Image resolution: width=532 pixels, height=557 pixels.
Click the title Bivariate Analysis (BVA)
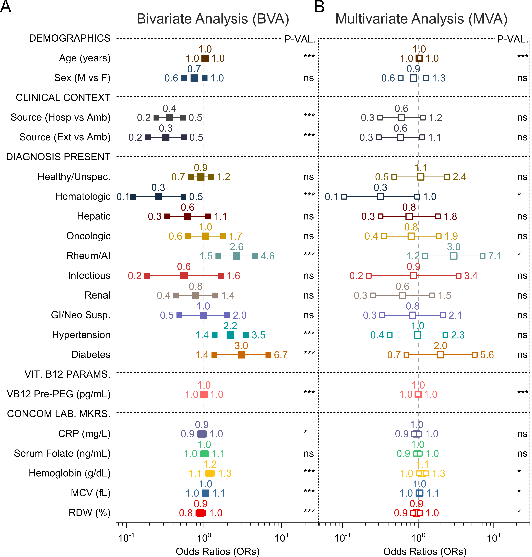[x=213, y=19]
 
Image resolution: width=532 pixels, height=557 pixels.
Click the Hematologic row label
[x=83, y=196]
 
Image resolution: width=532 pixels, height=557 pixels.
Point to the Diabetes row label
[x=91, y=355]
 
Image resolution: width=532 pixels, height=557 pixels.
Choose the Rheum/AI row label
[x=88, y=256]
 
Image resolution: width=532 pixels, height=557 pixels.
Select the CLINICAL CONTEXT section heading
[x=63, y=97]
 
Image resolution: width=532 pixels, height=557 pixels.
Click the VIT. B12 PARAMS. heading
[x=68, y=374]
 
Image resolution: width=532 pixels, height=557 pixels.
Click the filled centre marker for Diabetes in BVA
[x=241, y=355]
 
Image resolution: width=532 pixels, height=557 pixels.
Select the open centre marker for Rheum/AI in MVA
[x=454, y=256]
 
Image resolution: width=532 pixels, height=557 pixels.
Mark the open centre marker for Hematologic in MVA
[x=381, y=196]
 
